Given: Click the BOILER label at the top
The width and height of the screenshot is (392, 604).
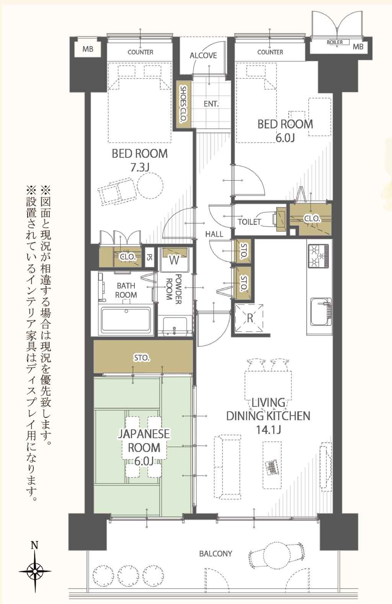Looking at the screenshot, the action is click(335, 42).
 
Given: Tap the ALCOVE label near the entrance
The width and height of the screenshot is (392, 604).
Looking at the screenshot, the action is click(203, 56).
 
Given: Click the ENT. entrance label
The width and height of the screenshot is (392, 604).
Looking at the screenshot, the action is click(211, 104).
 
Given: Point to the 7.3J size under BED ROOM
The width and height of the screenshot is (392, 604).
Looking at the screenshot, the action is click(140, 168).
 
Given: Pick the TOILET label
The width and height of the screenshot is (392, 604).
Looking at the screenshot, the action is click(249, 222).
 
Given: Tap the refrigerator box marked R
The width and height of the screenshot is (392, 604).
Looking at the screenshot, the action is click(249, 318).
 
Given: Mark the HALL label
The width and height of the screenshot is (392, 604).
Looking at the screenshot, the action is click(214, 234).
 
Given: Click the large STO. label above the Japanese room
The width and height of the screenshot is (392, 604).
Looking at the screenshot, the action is click(141, 358).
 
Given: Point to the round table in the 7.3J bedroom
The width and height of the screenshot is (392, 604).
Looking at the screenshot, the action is click(150, 185).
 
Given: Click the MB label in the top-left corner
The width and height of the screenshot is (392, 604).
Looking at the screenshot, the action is click(88, 49).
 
